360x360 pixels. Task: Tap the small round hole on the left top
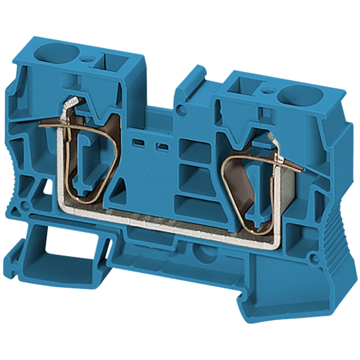(88, 59)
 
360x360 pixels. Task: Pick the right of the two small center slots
(161, 147)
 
